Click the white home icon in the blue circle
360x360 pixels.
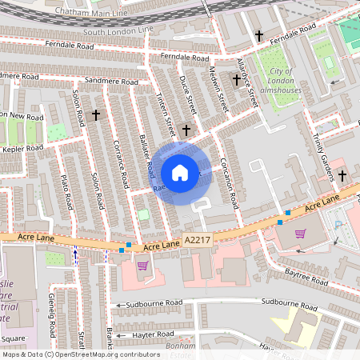coord(180,173)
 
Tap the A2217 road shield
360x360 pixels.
coord(198,240)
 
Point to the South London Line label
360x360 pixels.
coord(118,32)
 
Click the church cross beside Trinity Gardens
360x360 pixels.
coord(342,175)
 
